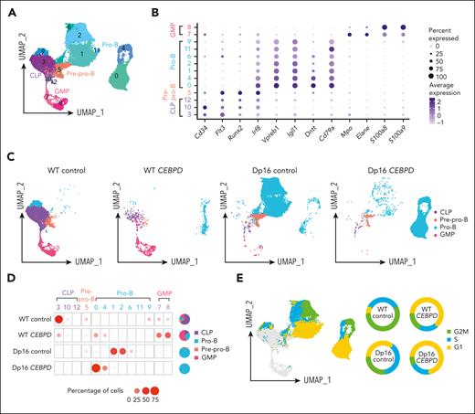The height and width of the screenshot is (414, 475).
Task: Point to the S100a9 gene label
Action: [403, 126]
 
